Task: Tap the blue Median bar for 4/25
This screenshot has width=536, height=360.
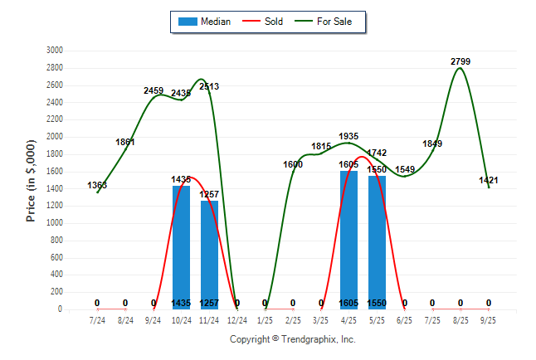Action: (x=348, y=240)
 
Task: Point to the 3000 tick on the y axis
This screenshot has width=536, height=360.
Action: (x=55, y=50)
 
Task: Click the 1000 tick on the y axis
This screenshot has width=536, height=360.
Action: (x=55, y=223)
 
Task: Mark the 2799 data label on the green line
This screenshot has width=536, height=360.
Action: (x=460, y=61)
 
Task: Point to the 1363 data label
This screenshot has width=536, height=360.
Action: (x=97, y=185)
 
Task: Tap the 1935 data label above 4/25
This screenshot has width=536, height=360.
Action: (x=348, y=136)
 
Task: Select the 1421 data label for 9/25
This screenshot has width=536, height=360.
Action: (x=489, y=180)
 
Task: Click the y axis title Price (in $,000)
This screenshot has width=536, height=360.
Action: (x=31, y=179)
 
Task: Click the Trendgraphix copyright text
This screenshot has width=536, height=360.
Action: (x=292, y=339)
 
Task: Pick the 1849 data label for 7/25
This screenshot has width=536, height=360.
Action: (x=432, y=144)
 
